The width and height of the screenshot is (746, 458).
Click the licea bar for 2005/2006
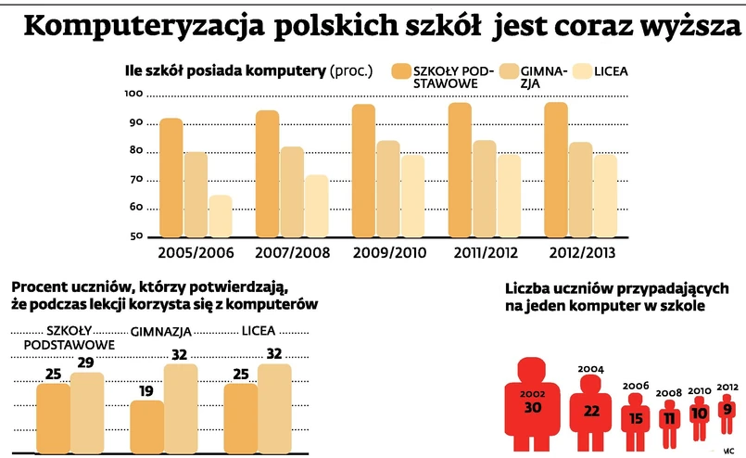[220, 215]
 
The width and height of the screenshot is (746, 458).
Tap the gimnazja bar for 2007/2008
[292, 191]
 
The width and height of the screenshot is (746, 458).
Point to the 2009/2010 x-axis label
[388, 252]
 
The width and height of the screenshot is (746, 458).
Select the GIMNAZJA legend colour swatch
[509, 71]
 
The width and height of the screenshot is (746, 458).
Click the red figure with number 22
[590, 409]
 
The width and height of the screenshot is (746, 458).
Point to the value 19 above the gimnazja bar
[146, 390]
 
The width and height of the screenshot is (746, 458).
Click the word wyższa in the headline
[695, 29]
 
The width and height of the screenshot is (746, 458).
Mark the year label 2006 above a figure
[636, 386]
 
